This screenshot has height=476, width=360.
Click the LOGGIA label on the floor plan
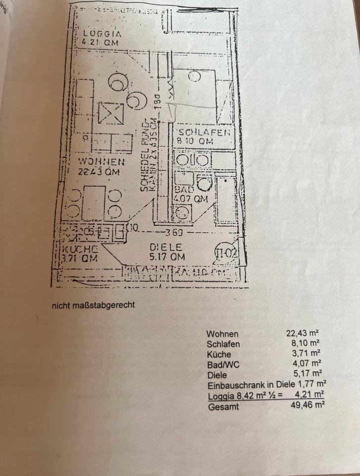pos(102,34)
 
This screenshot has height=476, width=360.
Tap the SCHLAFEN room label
pos(204,132)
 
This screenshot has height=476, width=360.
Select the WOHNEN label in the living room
pos(101,162)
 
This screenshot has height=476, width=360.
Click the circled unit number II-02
pos(227,253)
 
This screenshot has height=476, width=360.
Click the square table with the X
pos(110,114)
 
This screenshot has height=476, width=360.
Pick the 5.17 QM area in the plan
pos(168,257)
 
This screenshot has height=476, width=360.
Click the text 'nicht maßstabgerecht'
pos(93,305)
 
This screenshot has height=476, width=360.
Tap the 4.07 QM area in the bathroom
pos(190,199)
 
